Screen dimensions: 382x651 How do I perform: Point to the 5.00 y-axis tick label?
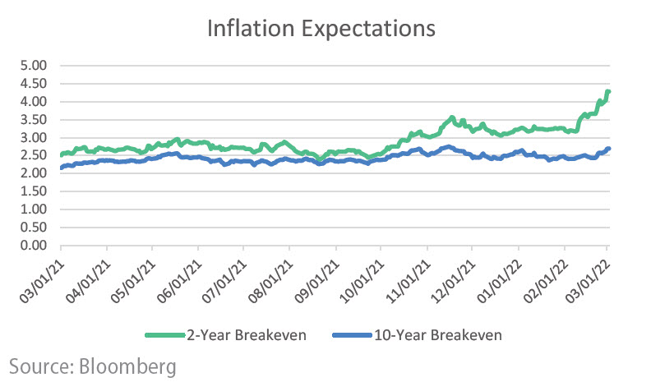point(34,66)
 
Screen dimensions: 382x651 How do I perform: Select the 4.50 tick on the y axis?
point(34,84)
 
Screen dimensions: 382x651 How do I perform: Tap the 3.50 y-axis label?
point(34,120)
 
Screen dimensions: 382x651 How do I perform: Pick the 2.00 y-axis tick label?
point(34,173)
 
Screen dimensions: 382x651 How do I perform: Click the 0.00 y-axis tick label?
point(34,246)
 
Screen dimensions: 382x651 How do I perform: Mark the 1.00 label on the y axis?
point(34,209)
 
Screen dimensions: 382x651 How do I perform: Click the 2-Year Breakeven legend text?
point(239,334)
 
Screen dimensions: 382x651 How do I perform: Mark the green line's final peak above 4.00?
point(607,91)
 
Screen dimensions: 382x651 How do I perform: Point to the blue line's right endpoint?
point(608,149)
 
